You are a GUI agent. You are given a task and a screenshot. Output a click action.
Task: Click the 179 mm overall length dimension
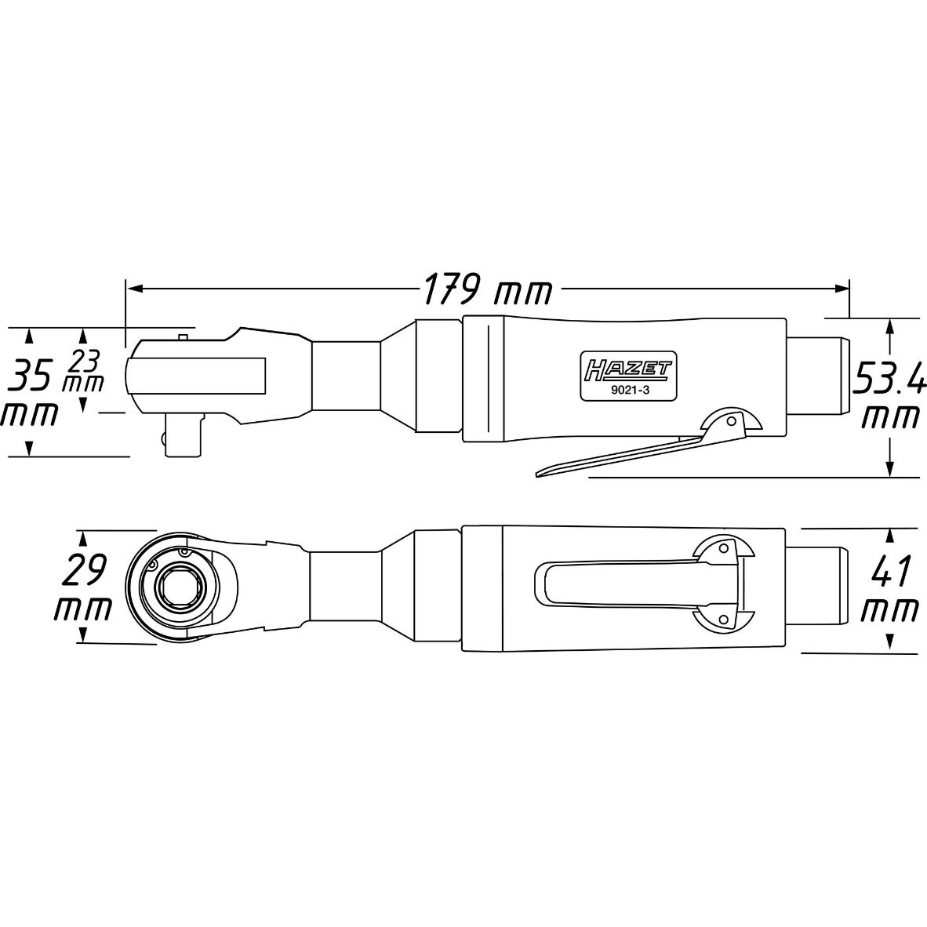(487, 289)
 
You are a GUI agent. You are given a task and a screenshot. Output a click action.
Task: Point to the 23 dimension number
(85, 360)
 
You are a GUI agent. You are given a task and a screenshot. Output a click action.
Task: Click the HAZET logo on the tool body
(628, 369)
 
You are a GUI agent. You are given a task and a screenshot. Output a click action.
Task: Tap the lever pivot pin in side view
(732, 421)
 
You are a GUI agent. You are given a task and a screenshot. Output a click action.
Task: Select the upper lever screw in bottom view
(722, 548)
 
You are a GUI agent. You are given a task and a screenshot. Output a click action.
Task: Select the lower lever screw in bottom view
(722, 619)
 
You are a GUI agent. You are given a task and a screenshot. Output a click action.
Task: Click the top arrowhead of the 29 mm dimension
(83, 539)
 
